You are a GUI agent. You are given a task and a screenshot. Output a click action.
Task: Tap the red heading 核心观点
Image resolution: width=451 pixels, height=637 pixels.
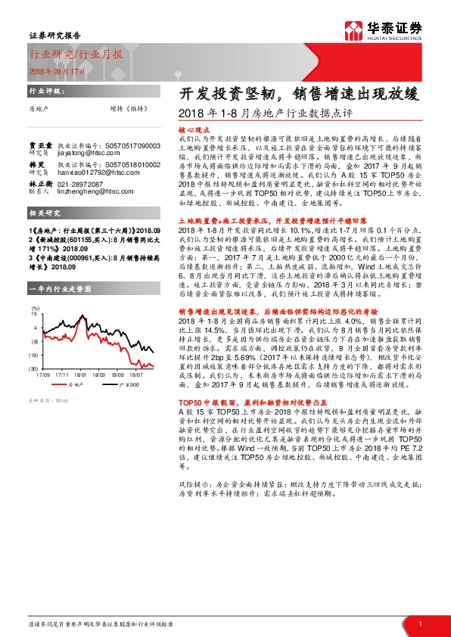coord(194,129)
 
